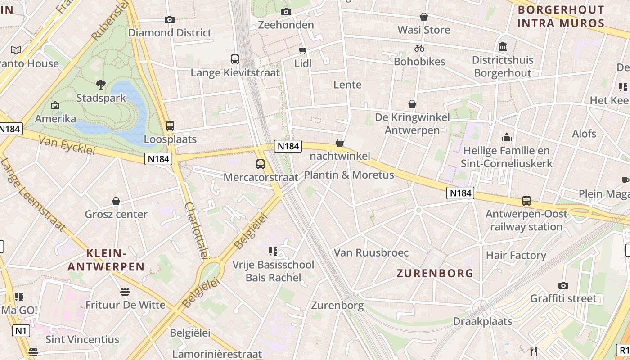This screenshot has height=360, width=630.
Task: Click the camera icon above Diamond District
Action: (169, 19)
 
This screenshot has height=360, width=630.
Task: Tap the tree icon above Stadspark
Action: (101, 84)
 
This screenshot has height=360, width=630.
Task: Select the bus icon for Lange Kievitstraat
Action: (235, 59)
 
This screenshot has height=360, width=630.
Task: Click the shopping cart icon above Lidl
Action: (303, 50)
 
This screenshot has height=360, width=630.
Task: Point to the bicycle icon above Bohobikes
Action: (419, 48)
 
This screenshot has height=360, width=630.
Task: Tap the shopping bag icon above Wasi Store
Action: (424, 17)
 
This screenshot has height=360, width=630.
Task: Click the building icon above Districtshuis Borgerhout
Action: (503, 46)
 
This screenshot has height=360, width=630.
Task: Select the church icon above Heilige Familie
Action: (507, 137)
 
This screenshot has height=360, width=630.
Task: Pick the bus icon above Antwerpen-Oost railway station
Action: (526, 201)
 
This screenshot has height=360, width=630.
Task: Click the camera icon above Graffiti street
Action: (563, 285)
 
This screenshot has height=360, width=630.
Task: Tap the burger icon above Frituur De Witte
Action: (125, 292)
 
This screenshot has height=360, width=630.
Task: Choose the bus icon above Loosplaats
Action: (170, 126)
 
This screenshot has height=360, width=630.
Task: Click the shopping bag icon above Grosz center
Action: (116, 201)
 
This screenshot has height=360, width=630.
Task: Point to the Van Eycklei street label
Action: (67, 145)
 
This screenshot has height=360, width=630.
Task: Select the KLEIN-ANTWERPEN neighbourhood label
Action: (106, 260)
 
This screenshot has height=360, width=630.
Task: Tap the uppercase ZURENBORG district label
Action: (435, 273)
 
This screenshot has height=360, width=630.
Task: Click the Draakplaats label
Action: (482, 321)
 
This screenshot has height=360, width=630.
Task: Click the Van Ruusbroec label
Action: (371, 252)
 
